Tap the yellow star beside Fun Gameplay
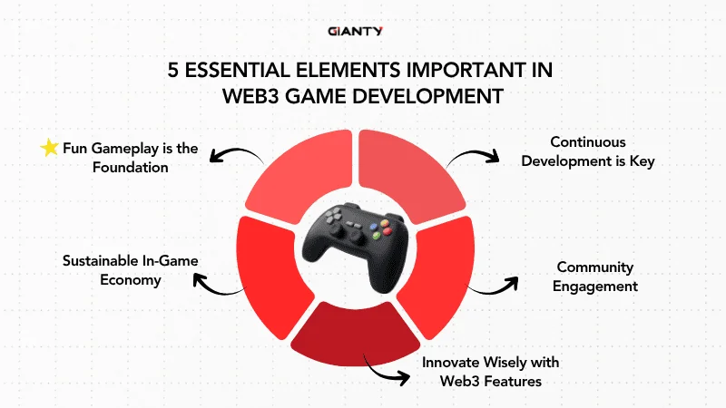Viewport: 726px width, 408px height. click(49, 148)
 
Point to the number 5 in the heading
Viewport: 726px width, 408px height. click(173, 72)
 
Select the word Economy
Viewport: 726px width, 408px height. click(131, 280)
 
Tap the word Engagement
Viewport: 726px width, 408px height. click(597, 287)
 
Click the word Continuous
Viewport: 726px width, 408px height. click(588, 142)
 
